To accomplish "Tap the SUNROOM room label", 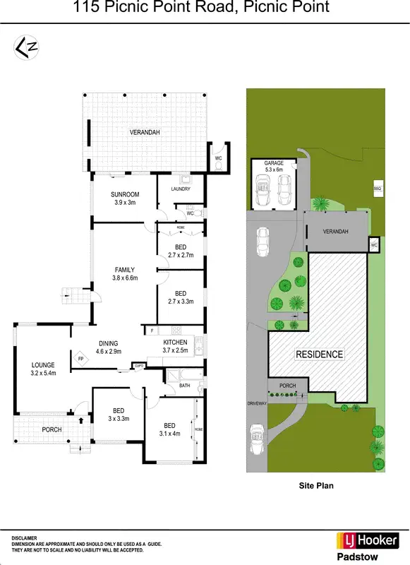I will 125,198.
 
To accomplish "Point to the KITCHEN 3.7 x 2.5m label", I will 175,346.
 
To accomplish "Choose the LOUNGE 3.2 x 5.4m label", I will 43,369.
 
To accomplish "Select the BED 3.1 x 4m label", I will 169,429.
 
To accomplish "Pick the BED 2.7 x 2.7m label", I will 180,251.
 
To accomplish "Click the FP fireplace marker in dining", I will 80,359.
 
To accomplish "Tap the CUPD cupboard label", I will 140,366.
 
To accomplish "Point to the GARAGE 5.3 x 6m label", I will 274,167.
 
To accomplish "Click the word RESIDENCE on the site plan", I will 319,355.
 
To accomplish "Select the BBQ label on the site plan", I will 378,189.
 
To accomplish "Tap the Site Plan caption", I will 316,485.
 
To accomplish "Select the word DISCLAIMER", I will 23,537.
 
